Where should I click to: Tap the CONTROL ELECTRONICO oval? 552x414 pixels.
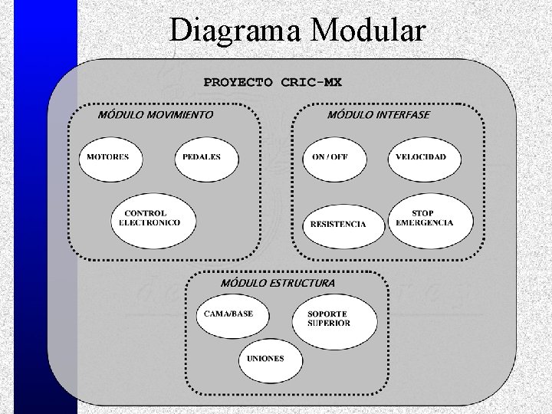(x=152, y=219)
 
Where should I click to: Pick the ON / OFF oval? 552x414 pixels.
(x=335, y=159)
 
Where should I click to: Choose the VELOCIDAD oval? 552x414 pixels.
(x=421, y=159)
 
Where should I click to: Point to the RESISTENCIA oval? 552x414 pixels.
(x=337, y=224)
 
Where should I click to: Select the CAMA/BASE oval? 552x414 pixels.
(x=229, y=315)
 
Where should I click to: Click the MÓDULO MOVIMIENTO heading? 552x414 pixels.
(x=156, y=115)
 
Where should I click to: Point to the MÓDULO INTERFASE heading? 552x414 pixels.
(x=379, y=115)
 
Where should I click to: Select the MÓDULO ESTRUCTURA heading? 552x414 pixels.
(x=278, y=283)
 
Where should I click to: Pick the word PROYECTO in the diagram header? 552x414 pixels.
(x=238, y=81)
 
